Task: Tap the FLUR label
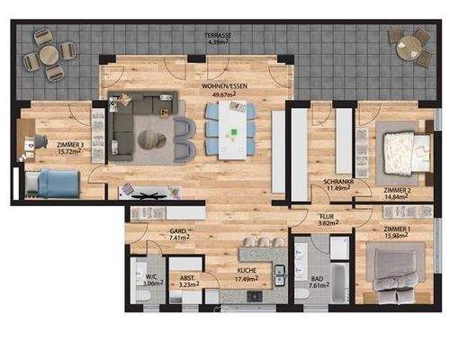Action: point(325,218)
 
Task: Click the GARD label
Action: point(178,232)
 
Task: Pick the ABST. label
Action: point(188,278)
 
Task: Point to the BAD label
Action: point(317,279)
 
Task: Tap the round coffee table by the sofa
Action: point(150,139)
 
